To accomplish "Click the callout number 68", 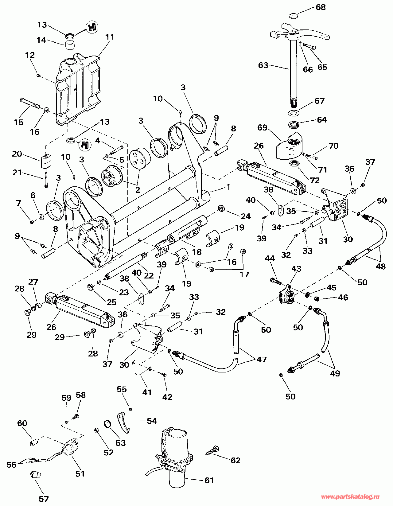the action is tap(321, 7).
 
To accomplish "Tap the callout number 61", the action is tap(209, 480).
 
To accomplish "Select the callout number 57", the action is tap(44, 499).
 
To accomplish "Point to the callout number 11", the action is tap(110, 37).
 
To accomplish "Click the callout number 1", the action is tap(228, 187).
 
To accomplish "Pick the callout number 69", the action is tap(263, 128).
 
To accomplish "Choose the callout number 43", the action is tap(296, 269).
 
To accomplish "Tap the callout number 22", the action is tap(149, 275).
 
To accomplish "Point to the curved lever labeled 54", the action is tap(123, 422).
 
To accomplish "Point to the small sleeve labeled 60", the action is tap(33, 442).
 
